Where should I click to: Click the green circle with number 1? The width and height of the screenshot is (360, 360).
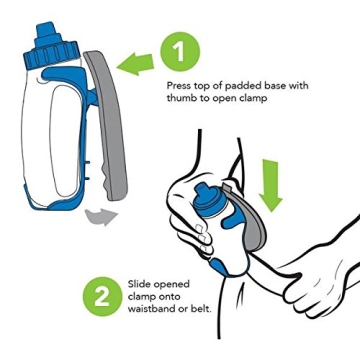click(x=179, y=51)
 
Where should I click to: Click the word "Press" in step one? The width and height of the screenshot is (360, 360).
click(x=178, y=87)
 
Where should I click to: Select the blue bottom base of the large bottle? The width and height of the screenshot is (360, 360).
click(x=50, y=201)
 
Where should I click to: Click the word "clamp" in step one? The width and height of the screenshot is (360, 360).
click(x=258, y=99)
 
